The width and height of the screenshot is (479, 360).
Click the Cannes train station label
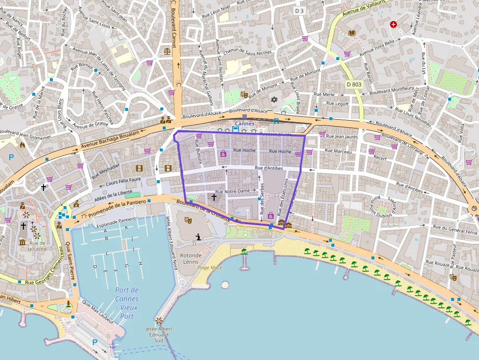[244, 124]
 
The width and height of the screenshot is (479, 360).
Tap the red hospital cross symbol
[393, 24]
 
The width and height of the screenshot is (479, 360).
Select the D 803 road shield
[354, 85]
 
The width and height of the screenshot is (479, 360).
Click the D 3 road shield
[299, 10]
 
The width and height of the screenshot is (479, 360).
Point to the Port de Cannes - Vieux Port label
[127, 303]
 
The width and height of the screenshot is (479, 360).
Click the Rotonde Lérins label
[190, 259]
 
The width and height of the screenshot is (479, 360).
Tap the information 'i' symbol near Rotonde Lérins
[198, 237]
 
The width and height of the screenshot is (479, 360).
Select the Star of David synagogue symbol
[274, 100]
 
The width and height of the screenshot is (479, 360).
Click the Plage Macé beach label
[210, 268]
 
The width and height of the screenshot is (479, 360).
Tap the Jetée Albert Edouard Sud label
[158, 335]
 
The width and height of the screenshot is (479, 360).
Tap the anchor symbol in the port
[113, 346]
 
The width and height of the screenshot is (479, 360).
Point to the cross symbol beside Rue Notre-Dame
[213, 197]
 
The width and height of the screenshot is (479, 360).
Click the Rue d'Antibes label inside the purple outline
[269, 169]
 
